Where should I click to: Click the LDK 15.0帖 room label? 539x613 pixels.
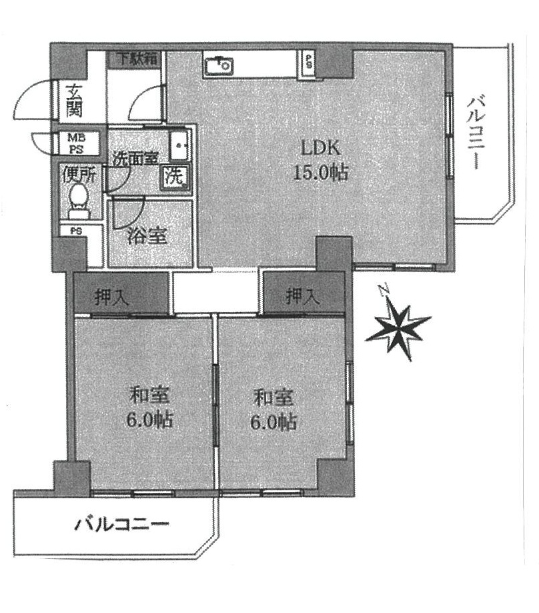tap(320, 160)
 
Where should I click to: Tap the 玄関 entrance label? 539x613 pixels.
tap(73, 101)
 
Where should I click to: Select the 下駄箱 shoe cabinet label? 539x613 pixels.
tap(137, 59)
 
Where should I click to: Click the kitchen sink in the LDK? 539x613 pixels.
tap(218, 65)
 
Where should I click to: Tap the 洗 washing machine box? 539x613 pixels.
tap(174, 177)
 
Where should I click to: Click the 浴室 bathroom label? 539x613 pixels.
tap(147, 235)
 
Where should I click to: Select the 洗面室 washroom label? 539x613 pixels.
tap(135, 158)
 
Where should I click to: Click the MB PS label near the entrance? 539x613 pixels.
tap(77, 143)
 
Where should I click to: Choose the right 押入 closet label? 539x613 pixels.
tap(303, 296)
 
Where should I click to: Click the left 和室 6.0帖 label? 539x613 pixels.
tap(149, 407)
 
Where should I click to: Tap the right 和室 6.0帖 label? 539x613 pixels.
tap(274, 409)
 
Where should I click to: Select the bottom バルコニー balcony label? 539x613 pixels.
tap(122, 524)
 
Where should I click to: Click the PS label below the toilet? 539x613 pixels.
tap(76, 231)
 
